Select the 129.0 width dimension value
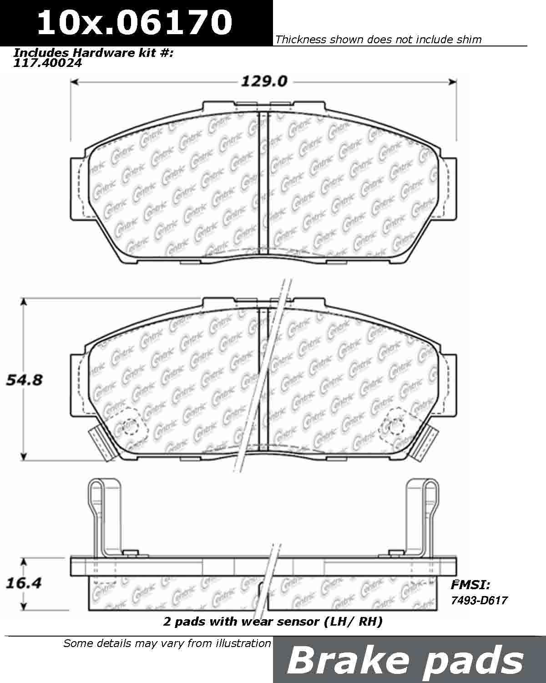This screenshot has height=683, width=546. coord(264,82)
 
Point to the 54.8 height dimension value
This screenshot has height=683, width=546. coord(24,379)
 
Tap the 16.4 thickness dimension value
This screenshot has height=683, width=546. coord(24,583)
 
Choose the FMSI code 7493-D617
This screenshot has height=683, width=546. coord(479,600)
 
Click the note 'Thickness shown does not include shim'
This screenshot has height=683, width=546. coord(379,40)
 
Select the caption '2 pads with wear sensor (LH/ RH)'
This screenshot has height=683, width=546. coord(273,621)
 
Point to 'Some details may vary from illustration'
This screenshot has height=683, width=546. coord(167,643)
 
